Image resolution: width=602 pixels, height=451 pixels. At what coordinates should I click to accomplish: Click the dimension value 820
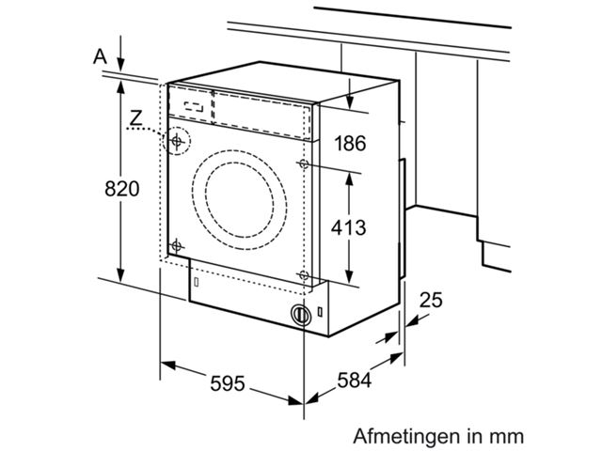click(x=121, y=188)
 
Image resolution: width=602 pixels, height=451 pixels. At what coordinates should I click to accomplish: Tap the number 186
click(x=349, y=143)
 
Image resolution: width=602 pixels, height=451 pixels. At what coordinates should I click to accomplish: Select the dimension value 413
click(x=347, y=226)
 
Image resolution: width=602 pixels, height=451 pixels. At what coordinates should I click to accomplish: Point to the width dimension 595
click(x=227, y=383)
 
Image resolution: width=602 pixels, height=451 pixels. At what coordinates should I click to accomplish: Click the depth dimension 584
click(x=355, y=381)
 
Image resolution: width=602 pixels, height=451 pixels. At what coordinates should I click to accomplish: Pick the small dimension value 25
click(x=431, y=300)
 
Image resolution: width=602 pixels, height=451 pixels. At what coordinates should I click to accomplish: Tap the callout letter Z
click(x=136, y=118)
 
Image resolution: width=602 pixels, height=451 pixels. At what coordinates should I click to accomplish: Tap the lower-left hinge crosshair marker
click(x=175, y=246)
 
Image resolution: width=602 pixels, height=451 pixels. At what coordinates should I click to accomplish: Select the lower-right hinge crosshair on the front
click(x=303, y=274)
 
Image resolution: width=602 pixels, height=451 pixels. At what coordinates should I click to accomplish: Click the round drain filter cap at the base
click(x=299, y=315)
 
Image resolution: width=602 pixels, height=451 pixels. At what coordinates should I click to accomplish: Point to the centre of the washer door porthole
click(x=239, y=196)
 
